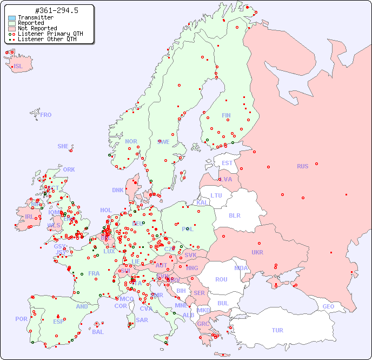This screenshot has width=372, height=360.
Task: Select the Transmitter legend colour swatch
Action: [12, 18]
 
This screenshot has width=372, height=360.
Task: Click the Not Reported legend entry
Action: [37, 29]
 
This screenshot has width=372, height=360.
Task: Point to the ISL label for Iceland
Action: [18, 67]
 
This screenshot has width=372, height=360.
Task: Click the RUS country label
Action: [302, 166]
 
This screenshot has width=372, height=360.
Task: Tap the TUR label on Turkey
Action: [277, 330]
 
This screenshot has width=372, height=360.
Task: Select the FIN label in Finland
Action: [226, 115]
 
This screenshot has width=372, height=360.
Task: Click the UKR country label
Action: [257, 252]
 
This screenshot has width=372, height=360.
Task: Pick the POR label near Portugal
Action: [21, 319]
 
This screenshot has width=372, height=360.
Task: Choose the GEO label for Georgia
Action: [328, 306]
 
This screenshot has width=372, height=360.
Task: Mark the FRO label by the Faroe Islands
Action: [46, 115]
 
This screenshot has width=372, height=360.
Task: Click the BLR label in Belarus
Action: [234, 215]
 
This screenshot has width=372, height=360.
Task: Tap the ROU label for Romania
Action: [221, 279]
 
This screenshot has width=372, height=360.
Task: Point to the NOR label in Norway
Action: [131, 141]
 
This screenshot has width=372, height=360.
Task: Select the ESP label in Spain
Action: [58, 321]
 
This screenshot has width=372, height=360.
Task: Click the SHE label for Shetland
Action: [63, 146]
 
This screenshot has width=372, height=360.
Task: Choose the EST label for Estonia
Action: [227, 163]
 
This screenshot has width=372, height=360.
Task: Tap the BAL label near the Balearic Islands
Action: [97, 332]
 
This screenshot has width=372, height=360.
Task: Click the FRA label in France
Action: [94, 273]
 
